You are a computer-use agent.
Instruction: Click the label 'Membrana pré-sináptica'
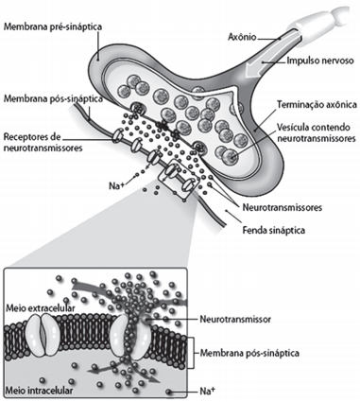coord(53,26)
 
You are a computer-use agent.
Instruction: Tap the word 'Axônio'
coord(242,37)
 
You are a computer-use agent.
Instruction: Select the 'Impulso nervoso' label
coord(320,61)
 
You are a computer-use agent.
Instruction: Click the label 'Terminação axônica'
coord(317,104)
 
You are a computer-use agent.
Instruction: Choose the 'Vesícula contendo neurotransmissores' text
coord(316,132)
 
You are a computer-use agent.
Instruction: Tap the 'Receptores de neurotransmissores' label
coord(43,142)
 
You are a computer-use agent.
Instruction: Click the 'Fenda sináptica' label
coord(273,231)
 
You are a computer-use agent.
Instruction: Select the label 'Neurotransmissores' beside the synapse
coord(283,208)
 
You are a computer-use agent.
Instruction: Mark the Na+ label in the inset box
coord(207,392)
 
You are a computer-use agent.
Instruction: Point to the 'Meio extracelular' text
coord(40,308)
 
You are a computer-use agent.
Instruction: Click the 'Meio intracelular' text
coord(39,391)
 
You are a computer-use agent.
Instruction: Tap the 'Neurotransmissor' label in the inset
coord(235,320)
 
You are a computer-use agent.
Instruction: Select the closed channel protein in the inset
coord(43,335)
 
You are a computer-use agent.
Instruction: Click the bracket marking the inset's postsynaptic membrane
coord(191,353)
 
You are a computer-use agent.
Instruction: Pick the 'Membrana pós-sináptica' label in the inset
coord(249,353)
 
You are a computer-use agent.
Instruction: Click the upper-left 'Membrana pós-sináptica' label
coord(53,99)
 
